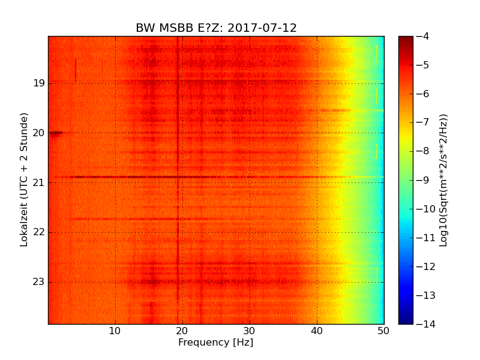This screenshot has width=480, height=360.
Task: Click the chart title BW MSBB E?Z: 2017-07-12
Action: pyautogui.click(x=216, y=28)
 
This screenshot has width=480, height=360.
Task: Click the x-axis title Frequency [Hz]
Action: pyautogui.click(x=215, y=343)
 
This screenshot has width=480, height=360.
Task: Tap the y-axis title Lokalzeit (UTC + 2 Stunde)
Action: pyautogui.click(x=25, y=180)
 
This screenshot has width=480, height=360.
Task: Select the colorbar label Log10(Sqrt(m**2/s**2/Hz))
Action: pyautogui.click(x=443, y=180)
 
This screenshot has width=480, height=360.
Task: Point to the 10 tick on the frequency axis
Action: pyautogui.click(x=115, y=331)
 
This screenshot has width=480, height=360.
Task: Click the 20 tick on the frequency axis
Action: pyautogui.click(x=182, y=331)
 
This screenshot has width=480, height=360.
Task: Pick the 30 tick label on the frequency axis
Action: pyautogui.click(x=250, y=331)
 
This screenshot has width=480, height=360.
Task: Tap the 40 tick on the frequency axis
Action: pyautogui.click(x=317, y=331)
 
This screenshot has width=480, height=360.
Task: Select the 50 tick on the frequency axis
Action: pyautogui.click(x=384, y=331)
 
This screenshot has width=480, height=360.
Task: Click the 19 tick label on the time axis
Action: pyautogui.click(x=38, y=83)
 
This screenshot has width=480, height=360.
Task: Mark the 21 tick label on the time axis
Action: pyautogui.click(x=38, y=182)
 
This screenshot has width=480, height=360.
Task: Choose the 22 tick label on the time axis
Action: pyautogui.click(x=38, y=232)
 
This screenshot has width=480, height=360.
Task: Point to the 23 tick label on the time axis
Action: pyautogui.click(x=38, y=282)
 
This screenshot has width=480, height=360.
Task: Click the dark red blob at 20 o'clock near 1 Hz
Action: pyautogui.click(x=56, y=133)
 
